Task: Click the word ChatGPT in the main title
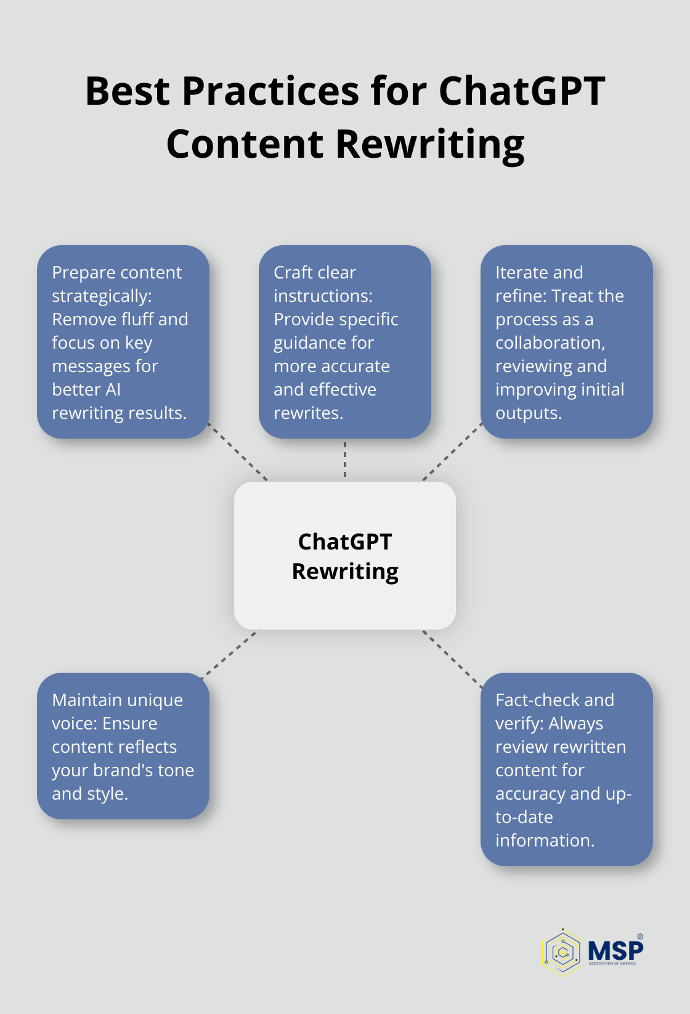coord(521,91)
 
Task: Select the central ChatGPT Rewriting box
coord(345,555)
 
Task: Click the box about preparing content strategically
coord(123,342)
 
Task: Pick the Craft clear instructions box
coord(344,342)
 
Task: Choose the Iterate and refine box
coord(566,342)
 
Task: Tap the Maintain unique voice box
coord(123,745)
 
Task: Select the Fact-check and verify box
coord(566,769)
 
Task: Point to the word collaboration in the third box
coord(550,343)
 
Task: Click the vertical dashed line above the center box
coord(345,460)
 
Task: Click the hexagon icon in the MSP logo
coord(562,952)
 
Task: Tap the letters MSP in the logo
coord(615,950)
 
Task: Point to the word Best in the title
coord(127,91)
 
